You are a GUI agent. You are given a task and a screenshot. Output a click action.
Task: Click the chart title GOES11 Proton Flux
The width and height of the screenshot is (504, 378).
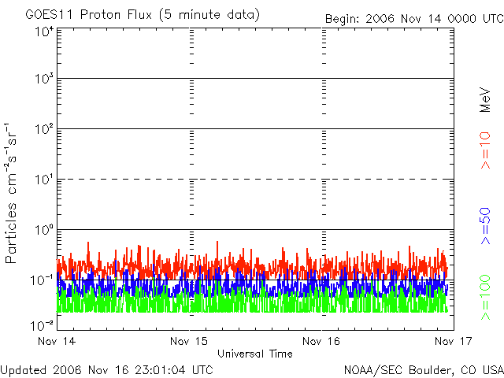click(x=142, y=15)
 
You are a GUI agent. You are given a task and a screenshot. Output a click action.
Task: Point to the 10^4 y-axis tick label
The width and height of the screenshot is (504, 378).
click(x=43, y=31)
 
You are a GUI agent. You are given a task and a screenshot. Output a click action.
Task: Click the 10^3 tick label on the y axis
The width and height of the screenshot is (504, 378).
click(x=43, y=80)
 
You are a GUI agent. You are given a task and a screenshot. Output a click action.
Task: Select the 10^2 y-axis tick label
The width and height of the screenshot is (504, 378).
click(x=43, y=129)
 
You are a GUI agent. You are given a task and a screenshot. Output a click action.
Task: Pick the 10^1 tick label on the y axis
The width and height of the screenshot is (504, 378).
click(x=43, y=180)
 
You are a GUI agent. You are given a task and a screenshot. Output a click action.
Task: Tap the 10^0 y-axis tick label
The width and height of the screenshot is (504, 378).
click(x=43, y=230)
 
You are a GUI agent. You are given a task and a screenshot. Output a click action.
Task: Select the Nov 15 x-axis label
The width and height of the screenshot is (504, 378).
click(x=190, y=341)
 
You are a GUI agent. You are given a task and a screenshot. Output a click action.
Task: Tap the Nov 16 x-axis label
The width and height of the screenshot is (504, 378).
click(x=321, y=341)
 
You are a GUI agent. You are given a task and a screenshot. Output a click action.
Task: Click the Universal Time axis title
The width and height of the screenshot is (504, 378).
click(x=255, y=354)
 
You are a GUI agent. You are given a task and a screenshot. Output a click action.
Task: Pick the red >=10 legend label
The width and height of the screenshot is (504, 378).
click(x=486, y=150)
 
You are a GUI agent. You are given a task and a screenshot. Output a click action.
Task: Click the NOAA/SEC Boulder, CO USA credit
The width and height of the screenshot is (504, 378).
click(x=423, y=369)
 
